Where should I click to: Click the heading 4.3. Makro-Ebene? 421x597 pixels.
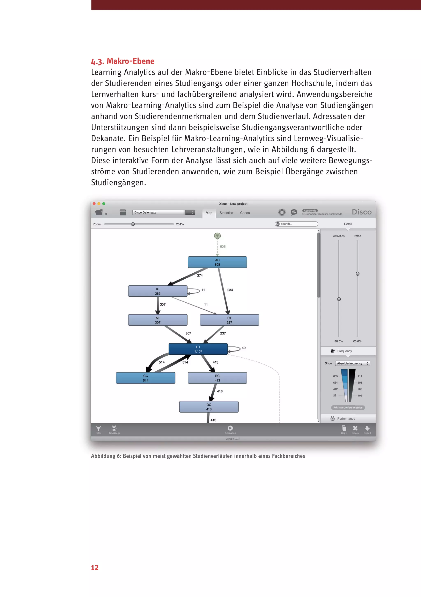point(123,61)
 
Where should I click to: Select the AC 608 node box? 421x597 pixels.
point(217,262)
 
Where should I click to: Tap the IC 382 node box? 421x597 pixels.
point(157,291)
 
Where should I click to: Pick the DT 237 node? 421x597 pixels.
point(229,320)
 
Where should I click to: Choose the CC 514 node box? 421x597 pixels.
point(146,378)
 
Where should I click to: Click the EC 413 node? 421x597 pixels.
point(217,378)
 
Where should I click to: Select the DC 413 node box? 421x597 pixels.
point(209,407)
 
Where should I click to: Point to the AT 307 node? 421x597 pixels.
point(157,320)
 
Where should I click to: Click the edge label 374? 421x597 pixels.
point(200,275)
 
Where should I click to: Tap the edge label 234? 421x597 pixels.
point(230,290)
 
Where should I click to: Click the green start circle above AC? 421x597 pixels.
point(217,236)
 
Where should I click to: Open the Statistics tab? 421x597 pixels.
point(226,213)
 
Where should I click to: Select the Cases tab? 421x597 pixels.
point(245,213)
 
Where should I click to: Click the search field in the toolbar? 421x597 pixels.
point(298,224)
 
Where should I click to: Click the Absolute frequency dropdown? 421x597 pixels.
point(352,363)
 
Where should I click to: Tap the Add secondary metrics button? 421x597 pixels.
point(348,407)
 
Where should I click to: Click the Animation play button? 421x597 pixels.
point(230,428)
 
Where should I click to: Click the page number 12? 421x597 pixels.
point(95,568)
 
